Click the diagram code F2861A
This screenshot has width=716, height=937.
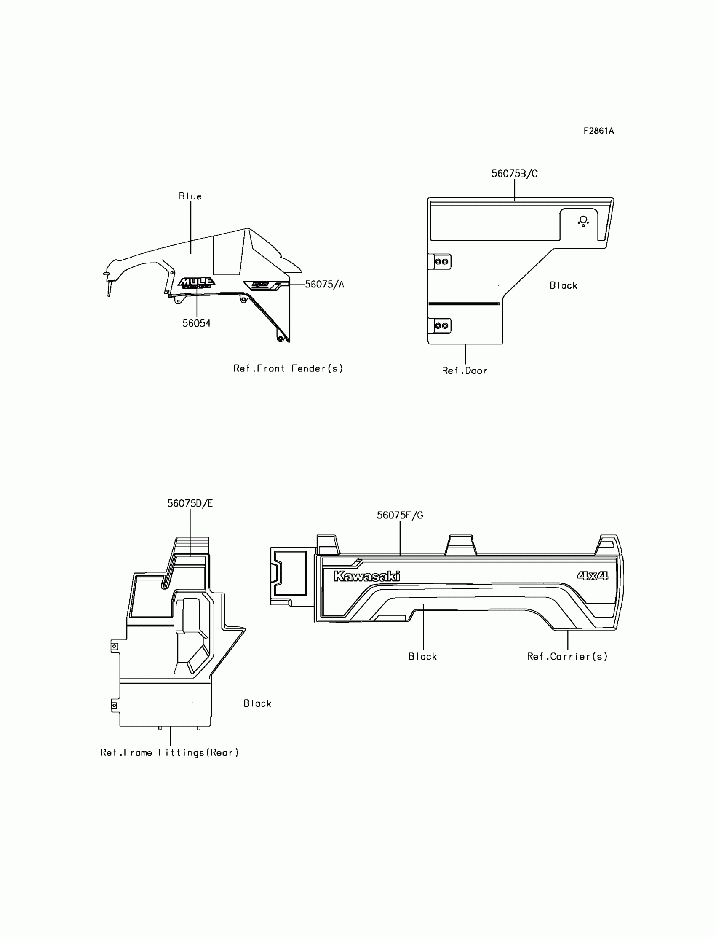598,131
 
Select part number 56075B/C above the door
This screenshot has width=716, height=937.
514,174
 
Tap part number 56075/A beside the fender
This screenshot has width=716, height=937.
324,285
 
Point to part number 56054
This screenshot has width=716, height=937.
196,323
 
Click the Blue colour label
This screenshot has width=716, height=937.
190,196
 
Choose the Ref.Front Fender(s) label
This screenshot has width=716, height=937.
288,368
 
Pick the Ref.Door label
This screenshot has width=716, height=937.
465,371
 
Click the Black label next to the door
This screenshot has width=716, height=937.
564,285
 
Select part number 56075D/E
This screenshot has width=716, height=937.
190,503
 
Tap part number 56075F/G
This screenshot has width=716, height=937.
400,515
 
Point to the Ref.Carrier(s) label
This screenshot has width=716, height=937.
567,656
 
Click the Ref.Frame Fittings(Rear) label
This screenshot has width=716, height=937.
170,752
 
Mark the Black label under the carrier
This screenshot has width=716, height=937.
423,656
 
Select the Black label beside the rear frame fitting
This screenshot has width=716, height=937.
257,703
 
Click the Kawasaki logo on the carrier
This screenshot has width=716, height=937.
367,576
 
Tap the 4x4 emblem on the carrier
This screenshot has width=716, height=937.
593,576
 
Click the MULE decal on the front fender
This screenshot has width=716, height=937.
196,282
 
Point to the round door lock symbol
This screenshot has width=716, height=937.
583,220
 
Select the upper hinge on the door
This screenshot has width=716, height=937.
441,261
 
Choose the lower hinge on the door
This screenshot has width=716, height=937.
441,325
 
